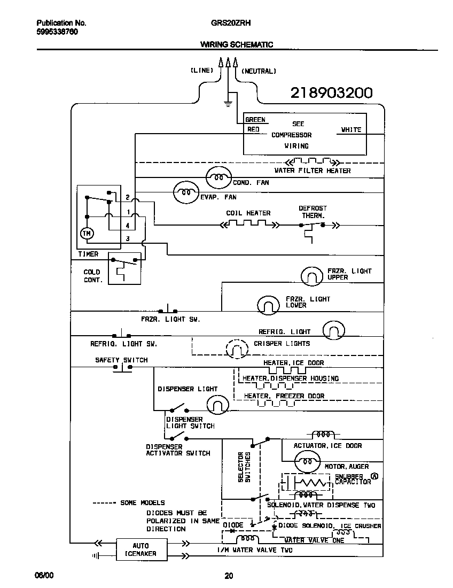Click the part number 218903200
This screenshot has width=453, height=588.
pos(331,93)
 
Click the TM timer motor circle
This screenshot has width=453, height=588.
pos(86,234)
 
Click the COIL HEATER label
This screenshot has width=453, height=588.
pos(248,213)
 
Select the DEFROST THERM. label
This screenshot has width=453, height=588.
pos(313,212)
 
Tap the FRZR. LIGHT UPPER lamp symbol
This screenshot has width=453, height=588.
pos(312,275)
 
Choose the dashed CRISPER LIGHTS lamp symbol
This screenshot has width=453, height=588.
pos(237,349)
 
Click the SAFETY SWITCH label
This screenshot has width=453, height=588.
pos(121,360)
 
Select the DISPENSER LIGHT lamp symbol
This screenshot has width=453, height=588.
pos(217,404)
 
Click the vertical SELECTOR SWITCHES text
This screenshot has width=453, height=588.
pos(244,468)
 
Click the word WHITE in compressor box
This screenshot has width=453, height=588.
pos(351,129)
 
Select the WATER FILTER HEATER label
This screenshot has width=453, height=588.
pos(313,171)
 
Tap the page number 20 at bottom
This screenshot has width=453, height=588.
pos(228,576)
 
